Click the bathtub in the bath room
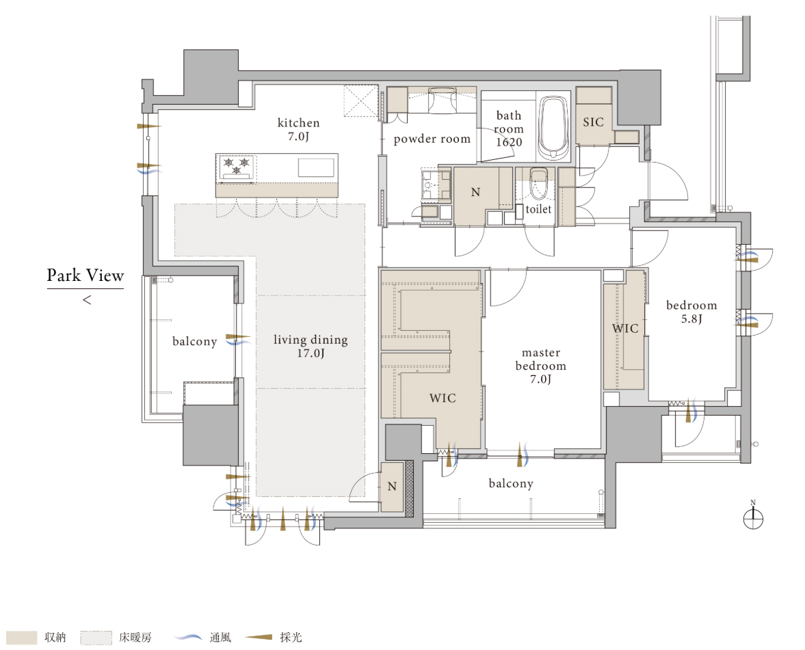(553, 128)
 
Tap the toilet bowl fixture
(538, 184)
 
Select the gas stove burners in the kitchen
(237, 167)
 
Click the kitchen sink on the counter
(316, 167)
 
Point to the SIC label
(594, 122)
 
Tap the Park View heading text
(85, 275)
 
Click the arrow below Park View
(88, 299)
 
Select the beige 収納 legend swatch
(21, 637)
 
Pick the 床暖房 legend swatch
(96, 637)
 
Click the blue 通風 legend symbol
(188, 637)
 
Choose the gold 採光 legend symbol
(259, 637)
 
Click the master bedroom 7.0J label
(540, 366)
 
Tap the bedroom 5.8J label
(691, 312)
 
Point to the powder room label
(432, 139)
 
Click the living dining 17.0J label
(311, 347)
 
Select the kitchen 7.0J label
(298, 129)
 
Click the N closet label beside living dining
(392, 487)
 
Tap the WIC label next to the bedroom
(625, 328)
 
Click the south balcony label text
(511, 484)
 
